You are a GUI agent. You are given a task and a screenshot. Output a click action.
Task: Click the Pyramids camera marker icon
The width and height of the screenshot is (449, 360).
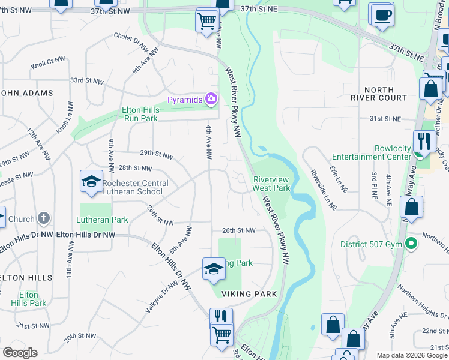point(211,98)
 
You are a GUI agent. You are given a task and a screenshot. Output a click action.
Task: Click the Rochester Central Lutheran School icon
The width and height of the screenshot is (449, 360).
point(91,182)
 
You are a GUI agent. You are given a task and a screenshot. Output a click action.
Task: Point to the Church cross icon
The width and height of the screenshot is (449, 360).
point(44,218)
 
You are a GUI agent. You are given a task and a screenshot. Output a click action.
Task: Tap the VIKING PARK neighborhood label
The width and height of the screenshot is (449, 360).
point(249,294)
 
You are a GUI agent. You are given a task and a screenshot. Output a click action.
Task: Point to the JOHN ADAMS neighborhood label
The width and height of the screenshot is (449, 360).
point(26,93)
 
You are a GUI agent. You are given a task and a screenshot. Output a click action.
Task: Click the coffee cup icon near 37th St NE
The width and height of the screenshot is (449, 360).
point(382,14)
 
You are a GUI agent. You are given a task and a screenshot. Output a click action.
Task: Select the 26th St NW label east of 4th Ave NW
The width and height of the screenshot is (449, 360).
point(238,230)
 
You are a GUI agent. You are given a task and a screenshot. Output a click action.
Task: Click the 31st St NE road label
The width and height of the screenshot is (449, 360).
point(384,119)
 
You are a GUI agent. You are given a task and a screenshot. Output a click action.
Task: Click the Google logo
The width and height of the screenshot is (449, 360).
point(20,353)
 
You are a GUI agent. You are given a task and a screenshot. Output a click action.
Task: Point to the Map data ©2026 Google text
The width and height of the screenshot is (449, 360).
point(411,355)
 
